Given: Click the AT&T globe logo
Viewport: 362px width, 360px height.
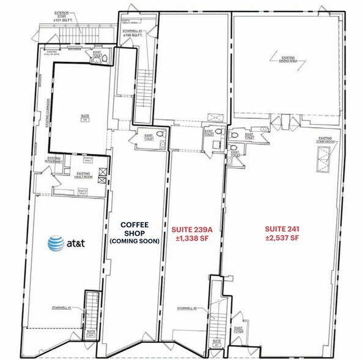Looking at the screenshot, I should pos(57,243).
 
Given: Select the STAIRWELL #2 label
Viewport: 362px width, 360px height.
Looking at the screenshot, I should pos(187,308).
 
